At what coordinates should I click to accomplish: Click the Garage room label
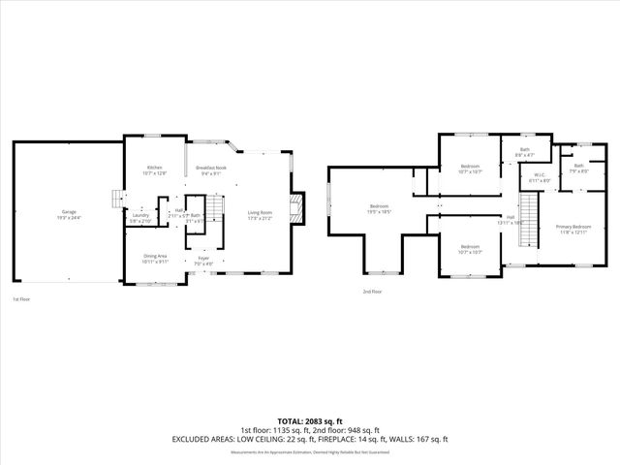69,213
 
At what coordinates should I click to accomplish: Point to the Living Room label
260,214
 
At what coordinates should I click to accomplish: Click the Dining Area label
155,257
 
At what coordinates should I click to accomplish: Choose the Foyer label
203,260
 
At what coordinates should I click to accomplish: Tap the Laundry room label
140,216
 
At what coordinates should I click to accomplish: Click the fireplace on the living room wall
299,207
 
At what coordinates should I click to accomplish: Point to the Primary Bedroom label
573,228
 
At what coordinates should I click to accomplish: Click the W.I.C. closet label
540,177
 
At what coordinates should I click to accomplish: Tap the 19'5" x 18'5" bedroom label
379,207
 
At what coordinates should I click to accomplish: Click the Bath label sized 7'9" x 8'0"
579,168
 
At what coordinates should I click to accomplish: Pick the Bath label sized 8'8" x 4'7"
524,151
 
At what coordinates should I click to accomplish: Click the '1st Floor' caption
21,299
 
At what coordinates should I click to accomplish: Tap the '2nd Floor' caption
372,291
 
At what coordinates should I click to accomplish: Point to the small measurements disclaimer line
310,451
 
